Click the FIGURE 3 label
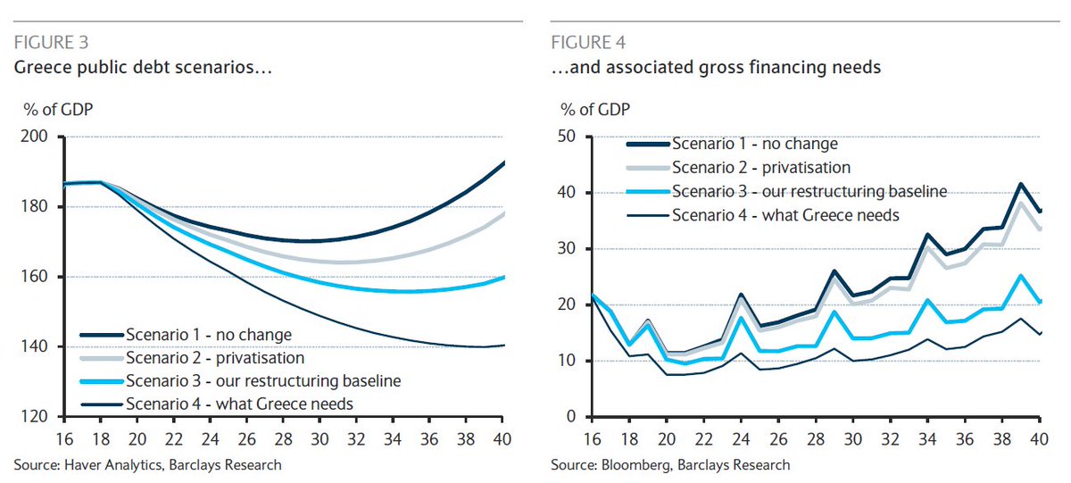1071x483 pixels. (51, 42)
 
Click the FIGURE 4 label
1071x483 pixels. (588, 42)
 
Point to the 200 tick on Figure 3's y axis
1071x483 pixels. (40, 137)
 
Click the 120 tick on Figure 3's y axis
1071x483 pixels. (40, 416)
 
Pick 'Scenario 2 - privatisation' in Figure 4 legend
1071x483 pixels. (760, 167)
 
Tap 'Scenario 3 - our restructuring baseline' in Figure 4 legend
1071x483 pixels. (809, 190)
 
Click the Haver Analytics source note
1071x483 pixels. (148, 464)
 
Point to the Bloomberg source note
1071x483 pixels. (669, 464)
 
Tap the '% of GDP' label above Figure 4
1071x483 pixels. (594, 111)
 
